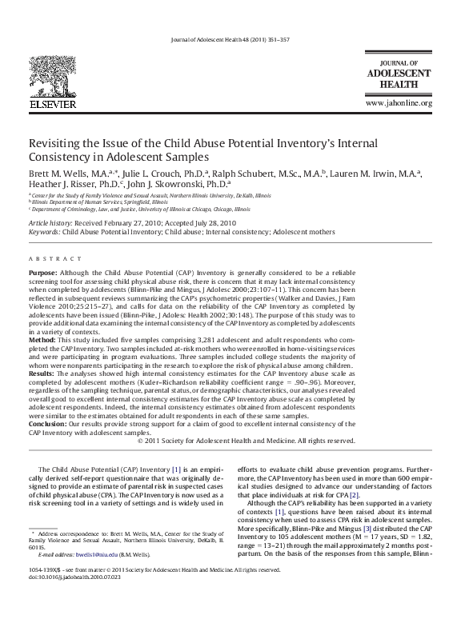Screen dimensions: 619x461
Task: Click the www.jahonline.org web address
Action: [x=398, y=104]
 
